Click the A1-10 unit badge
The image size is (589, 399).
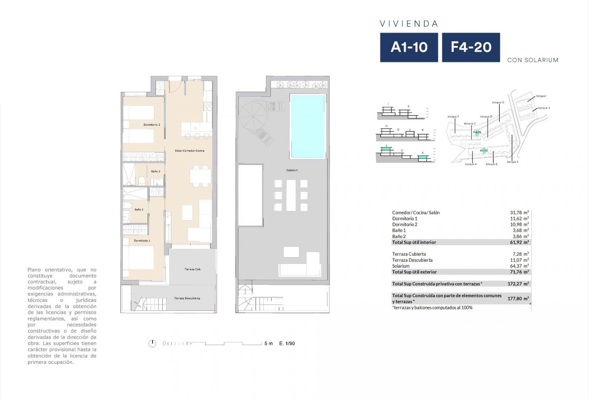409,47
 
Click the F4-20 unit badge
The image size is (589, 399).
471,47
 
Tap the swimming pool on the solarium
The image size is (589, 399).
307,126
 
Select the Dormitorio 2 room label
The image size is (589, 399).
152,125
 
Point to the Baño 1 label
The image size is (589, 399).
139,209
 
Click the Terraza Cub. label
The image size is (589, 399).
192,269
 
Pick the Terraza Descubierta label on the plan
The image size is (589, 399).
187,298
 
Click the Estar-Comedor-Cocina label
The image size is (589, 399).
190,151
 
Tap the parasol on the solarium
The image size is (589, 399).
253,115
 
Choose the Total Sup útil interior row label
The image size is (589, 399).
414,242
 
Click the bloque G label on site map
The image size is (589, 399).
498,102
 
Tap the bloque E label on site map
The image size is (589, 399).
512,162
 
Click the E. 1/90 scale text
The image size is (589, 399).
287,343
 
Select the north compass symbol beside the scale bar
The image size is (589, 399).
153,343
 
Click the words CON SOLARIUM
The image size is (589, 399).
533,60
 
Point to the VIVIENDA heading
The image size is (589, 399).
409,24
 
